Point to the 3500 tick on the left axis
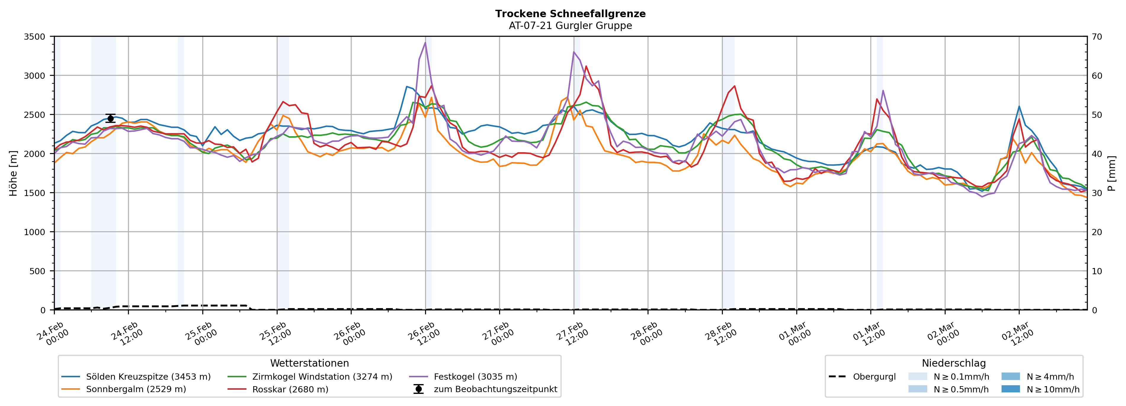point(35,37)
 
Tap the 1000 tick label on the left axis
point(35,232)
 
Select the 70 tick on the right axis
point(1097,37)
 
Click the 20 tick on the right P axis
point(1097,232)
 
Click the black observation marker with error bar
point(110,118)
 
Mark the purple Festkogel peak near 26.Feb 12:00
point(425,42)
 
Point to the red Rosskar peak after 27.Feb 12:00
point(586,66)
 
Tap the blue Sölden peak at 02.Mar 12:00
point(1019,106)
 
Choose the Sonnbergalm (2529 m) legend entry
point(135,389)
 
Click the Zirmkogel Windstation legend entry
point(322,376)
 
